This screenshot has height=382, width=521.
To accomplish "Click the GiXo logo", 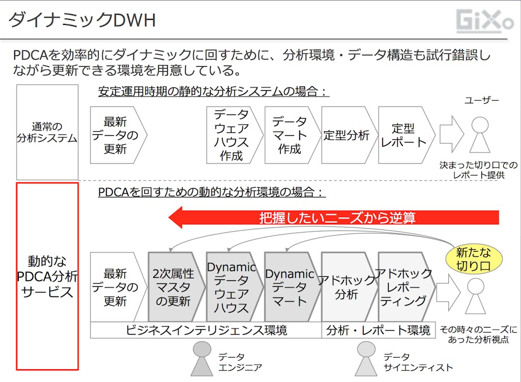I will coord(484,21).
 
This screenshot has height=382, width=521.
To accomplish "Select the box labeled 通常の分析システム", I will coord(47,132).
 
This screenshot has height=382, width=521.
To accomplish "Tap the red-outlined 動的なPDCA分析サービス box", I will coord(47,276).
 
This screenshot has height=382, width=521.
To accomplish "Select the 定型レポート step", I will coord(405,135).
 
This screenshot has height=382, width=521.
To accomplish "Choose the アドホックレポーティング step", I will coord(405,287).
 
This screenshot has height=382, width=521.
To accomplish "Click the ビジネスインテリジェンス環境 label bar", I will coord(206,330).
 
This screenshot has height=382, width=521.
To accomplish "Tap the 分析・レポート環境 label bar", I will coord(378,330).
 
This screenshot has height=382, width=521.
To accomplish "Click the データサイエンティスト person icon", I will coord(366,358).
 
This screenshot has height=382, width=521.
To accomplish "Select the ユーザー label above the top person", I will coord(481,101).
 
